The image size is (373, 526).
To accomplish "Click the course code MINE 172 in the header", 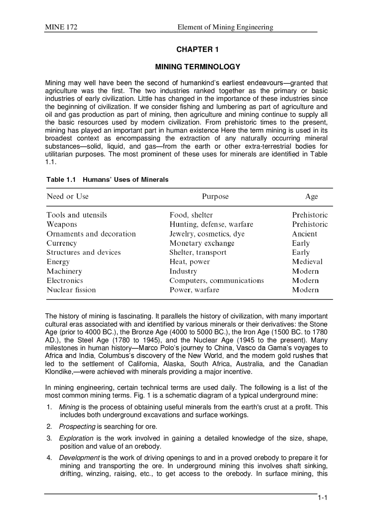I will (x=61, y=27).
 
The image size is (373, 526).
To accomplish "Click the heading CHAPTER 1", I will (x=197, y=49).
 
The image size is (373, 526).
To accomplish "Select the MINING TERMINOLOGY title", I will (x=197, y=67).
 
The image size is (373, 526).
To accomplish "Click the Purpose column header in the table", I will (x=215, y=197).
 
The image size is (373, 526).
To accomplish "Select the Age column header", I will (x=311, y=197).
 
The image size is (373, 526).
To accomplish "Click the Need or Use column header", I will (x=68, y=196).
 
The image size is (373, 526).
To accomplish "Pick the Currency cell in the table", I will (x=61, y=243).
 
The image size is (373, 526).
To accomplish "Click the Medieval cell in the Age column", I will (x=307, y=262).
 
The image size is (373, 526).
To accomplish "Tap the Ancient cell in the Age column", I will (x=304, y=234).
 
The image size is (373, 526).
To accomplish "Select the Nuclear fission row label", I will (x=71, y=290).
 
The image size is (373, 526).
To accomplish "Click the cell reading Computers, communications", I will (x=217, y=280).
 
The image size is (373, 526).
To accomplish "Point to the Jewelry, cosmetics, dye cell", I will (x=207, y=234).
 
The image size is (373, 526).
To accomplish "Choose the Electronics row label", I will (x=65, y=280).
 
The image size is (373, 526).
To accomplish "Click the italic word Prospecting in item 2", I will (x=77, y=427).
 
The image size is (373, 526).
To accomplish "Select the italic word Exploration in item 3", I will (x=76, y=438).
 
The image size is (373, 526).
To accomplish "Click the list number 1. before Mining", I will (x=49, y=407).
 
